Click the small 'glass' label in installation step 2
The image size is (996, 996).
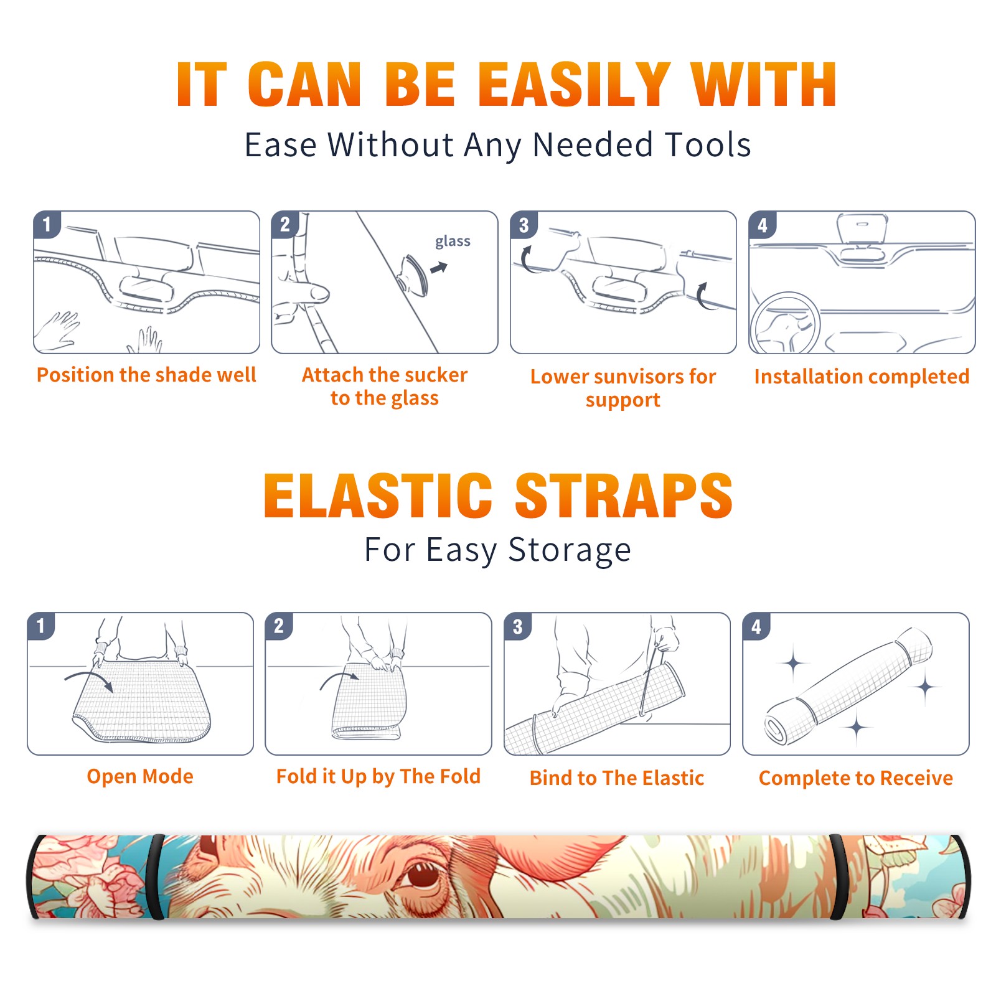453,241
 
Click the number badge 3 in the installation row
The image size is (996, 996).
524,225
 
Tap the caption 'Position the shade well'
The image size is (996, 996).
146,375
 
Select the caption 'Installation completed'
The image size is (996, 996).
862,377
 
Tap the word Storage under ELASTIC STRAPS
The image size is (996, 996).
570,550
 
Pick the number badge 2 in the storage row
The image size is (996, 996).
279,626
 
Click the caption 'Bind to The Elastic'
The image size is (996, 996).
617,778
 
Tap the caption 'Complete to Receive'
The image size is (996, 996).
856,778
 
